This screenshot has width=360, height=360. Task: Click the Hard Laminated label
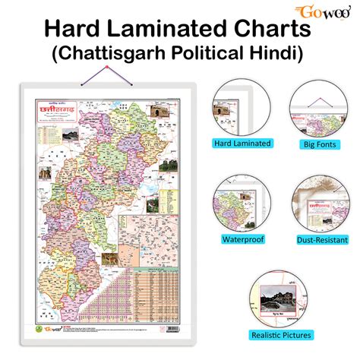(241, 142)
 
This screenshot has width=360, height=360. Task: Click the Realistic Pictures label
(281, 335)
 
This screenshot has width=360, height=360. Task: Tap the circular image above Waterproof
(241, 204)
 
